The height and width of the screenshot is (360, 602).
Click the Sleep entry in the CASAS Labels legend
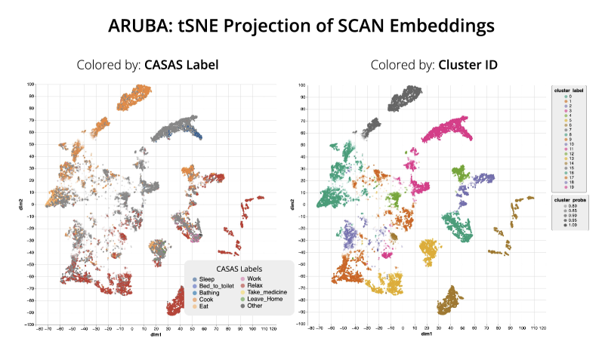click(x=206, y=279)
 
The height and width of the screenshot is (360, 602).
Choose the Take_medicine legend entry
click(x=267, y=293)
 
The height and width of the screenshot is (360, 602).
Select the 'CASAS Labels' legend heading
click(x=239, y=268)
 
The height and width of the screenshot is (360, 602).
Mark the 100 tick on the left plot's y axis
click(x=32, y=85)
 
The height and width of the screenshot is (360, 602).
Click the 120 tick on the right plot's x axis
click(x=545, y=328)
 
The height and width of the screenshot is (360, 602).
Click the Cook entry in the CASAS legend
click(x=205, y=300)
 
